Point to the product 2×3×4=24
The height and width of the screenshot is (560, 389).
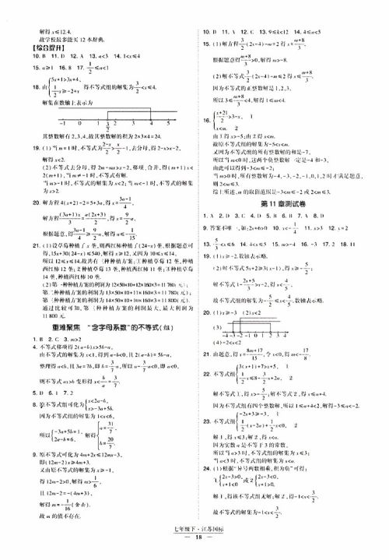point(167,136)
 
